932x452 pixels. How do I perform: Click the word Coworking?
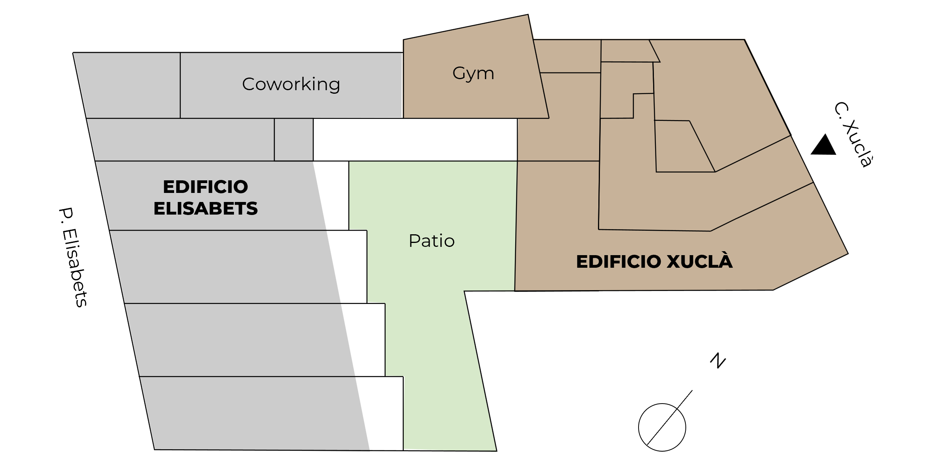pos(291,84)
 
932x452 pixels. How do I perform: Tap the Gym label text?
pos(473,74)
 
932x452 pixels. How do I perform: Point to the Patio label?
pos(432,241)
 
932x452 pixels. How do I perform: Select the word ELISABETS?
pos(206,209)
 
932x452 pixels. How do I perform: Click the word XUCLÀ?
pos(700,262)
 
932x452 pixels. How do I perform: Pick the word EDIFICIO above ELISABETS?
pos(206,187)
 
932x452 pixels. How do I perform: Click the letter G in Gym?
pos(459,73)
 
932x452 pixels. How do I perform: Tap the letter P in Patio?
pos(414,241)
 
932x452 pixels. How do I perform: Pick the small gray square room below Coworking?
pos(293,140)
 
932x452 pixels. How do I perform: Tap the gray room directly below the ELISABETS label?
pos(225,267)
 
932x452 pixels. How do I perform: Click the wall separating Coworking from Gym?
pos(403,85)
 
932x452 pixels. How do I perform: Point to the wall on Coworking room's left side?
pos(180,85)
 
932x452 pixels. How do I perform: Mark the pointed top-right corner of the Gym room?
pos(527,15)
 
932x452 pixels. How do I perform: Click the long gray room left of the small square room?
pos(181,140)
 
